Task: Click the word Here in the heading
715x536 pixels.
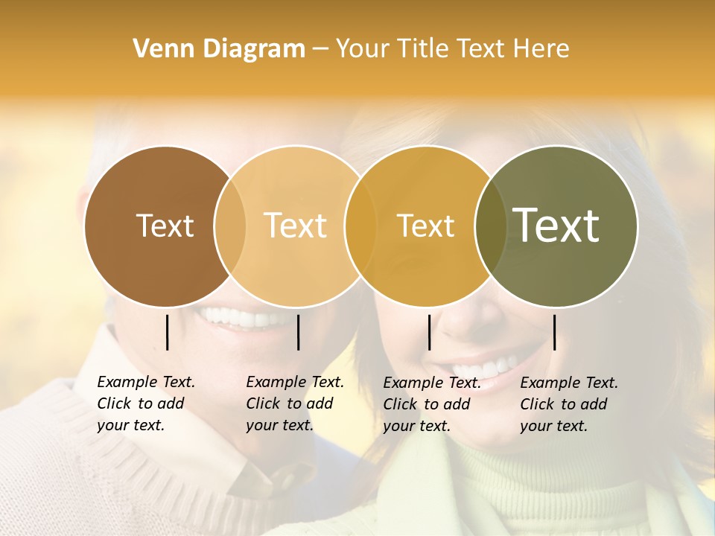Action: click(x=541, y=48)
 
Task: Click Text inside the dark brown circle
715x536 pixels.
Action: click(x=165, y=226)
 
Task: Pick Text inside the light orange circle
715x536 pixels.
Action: click(x=296, y=226)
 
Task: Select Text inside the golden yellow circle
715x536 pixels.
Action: click(x=425, y=226)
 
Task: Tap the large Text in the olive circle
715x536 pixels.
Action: click(x=556, y=225)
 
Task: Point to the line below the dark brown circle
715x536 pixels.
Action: click(x=167, y=332)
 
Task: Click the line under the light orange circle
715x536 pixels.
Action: click(x=298, y=332)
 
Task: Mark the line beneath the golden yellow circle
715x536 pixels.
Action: click(x=429, y=332)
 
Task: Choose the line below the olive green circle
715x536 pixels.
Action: click(x=554, y=332)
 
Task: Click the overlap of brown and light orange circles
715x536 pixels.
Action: click(x=230, y=226)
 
